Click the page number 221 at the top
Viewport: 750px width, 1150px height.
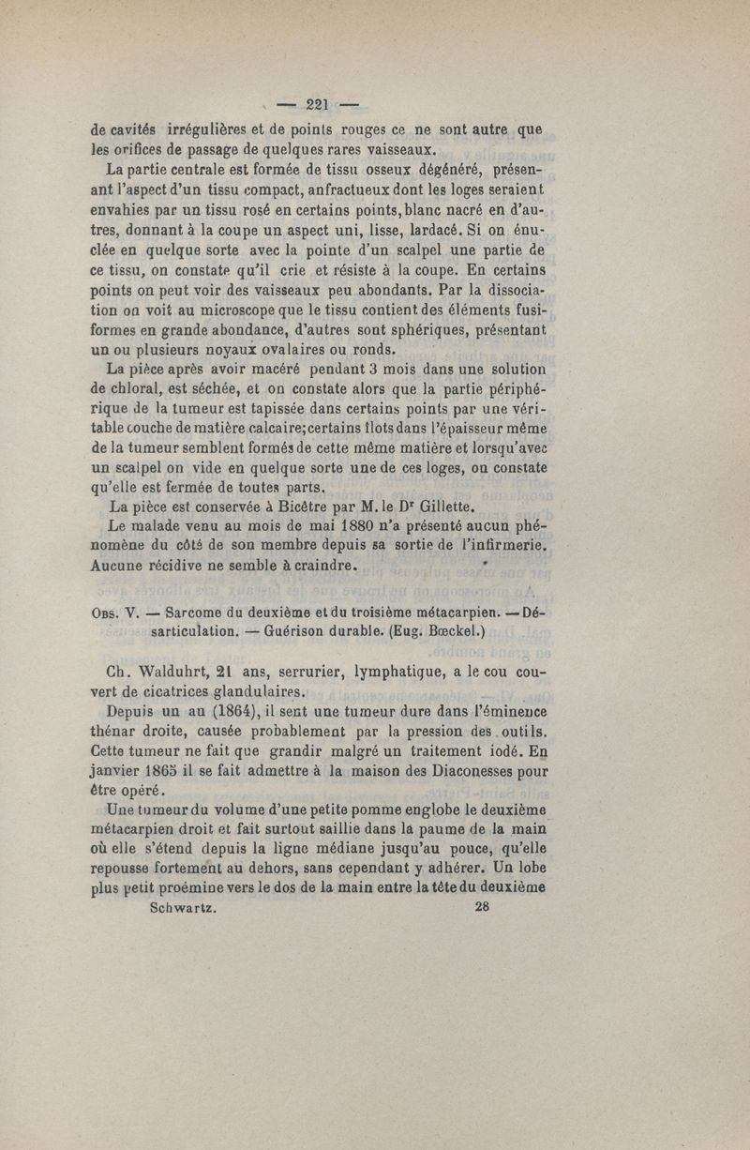coord(322,104)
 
